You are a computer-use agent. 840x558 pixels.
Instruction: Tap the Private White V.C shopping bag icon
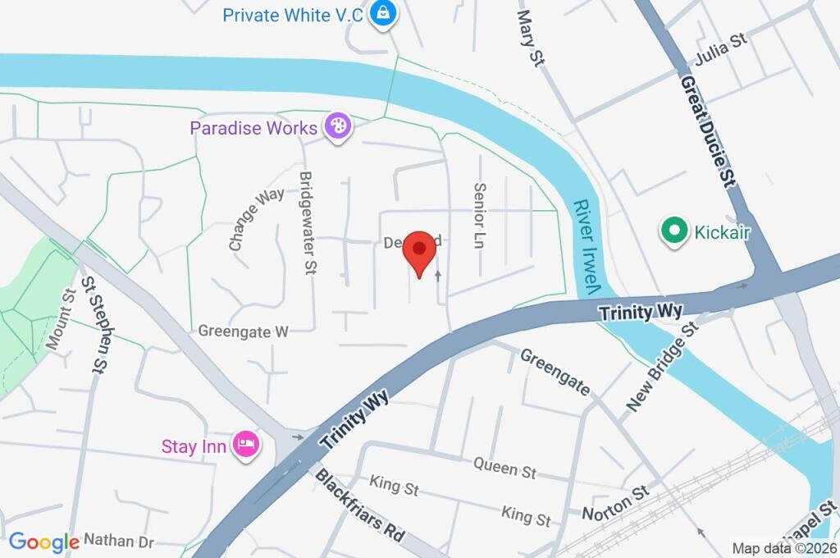tap(381, 13)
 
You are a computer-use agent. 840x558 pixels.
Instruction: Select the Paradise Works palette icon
tap(337, 127)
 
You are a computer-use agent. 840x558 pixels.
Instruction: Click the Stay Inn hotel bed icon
tap(246, 446)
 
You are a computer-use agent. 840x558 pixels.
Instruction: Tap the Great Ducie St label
tap(706, 131)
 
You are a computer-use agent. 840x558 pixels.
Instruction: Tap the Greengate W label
tap(244, 332)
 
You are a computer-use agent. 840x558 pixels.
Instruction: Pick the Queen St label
tap(504, 468)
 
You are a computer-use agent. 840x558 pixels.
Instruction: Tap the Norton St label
tap(615, 502)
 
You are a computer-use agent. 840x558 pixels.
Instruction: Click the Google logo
tap(43, 542)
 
